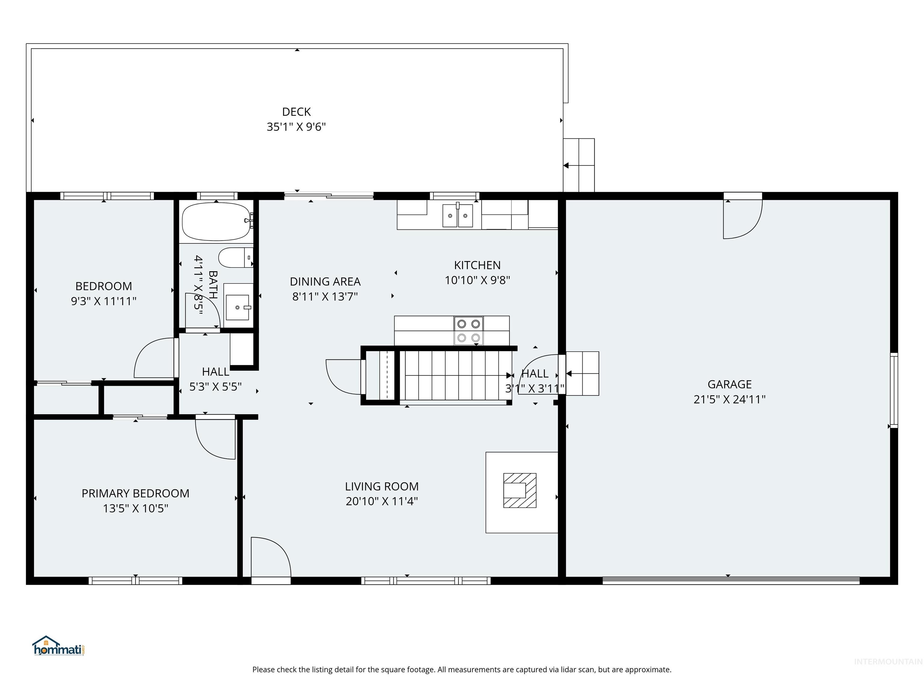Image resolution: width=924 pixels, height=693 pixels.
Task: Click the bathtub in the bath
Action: pyautogui.click(x=216, y=221)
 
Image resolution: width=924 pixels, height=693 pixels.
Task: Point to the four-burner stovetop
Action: pyautogui.click(x=468, y=331)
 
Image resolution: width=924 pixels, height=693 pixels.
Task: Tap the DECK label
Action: pyautogui.click(x=296, y=112)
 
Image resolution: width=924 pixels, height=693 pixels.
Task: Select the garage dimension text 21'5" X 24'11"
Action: pyautogui.click(x=729, y=399)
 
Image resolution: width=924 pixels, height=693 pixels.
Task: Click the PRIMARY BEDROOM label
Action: pyautogui.click(x=135, y=493)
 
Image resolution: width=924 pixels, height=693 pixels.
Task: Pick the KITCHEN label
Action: pyautogui.click(x=477, y=265)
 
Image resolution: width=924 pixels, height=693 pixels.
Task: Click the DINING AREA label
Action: pyautogui.click(x=325, y=282)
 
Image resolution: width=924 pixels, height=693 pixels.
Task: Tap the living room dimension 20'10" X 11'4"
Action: pyautogui.click(x=381, y=501)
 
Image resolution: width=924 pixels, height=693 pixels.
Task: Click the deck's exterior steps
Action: pyautogui.click(x=579, y=165)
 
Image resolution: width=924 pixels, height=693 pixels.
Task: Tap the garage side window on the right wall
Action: pyautogui.click(x=894, y=390)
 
